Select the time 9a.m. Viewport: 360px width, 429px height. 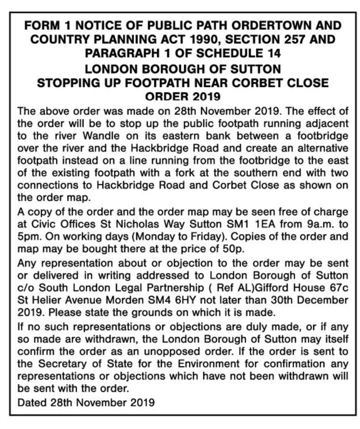pos(316,224)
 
